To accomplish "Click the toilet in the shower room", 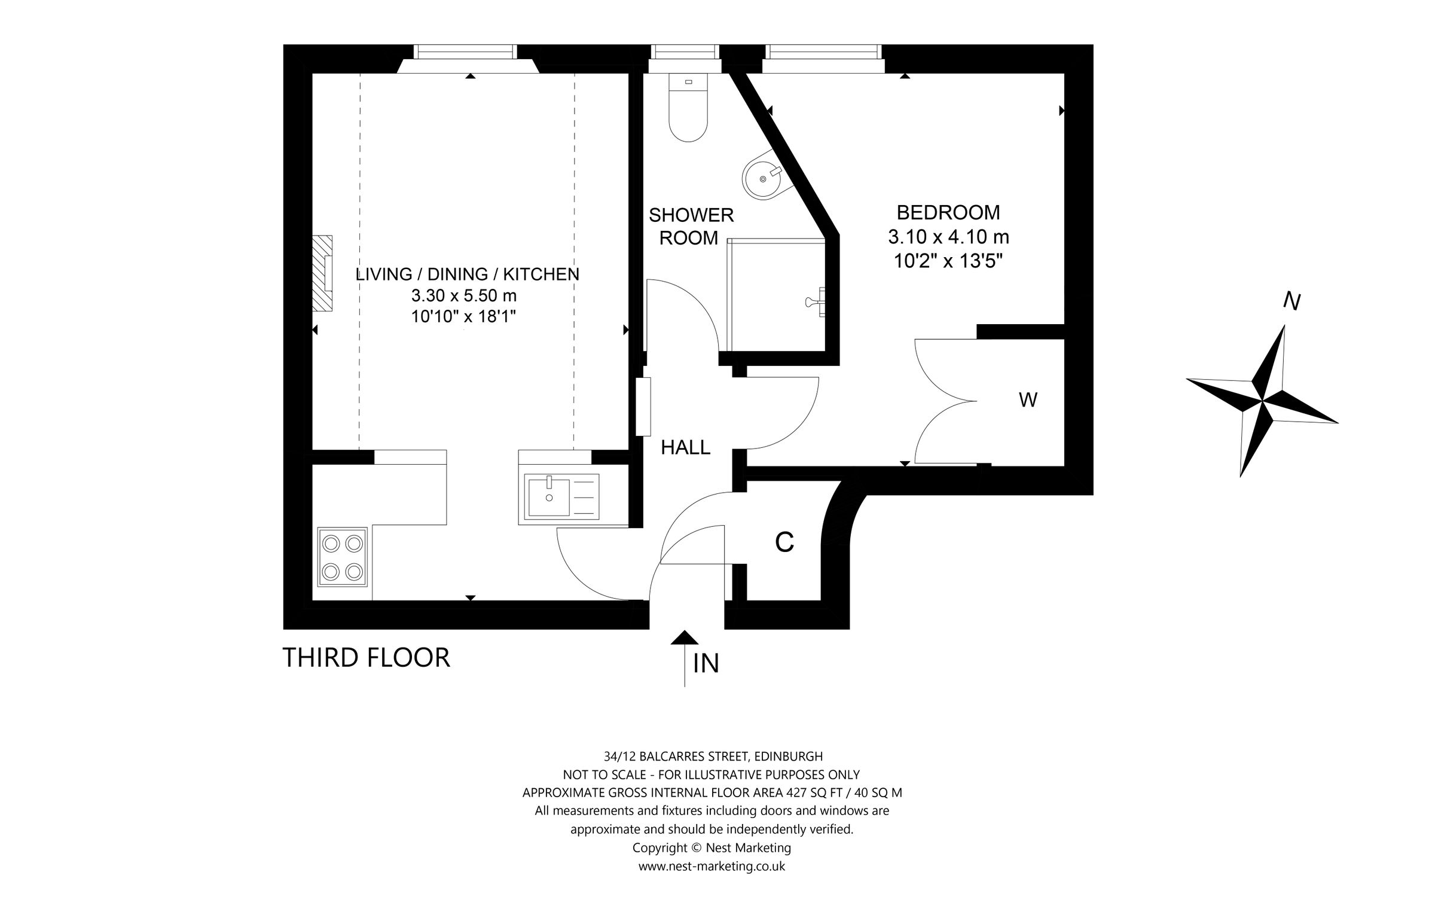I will point(688,111).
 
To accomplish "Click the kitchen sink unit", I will point(561,496).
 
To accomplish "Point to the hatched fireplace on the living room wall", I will point(323,273).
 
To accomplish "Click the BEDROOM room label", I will point(948,213).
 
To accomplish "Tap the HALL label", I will point(685,447).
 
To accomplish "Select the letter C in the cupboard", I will point(784,542).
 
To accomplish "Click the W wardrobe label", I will point(1027,399).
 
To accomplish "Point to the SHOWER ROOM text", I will point(691,226).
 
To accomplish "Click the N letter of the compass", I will point(1292,303).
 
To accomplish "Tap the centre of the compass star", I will point(1263,398).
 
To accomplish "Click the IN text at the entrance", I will point(706,664).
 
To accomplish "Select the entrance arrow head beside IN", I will point(685,638).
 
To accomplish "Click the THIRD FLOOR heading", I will point(366,658).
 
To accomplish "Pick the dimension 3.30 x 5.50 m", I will point(463,295).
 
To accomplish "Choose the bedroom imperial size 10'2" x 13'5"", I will point(948,262).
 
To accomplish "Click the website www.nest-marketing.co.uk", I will point(712,866).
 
